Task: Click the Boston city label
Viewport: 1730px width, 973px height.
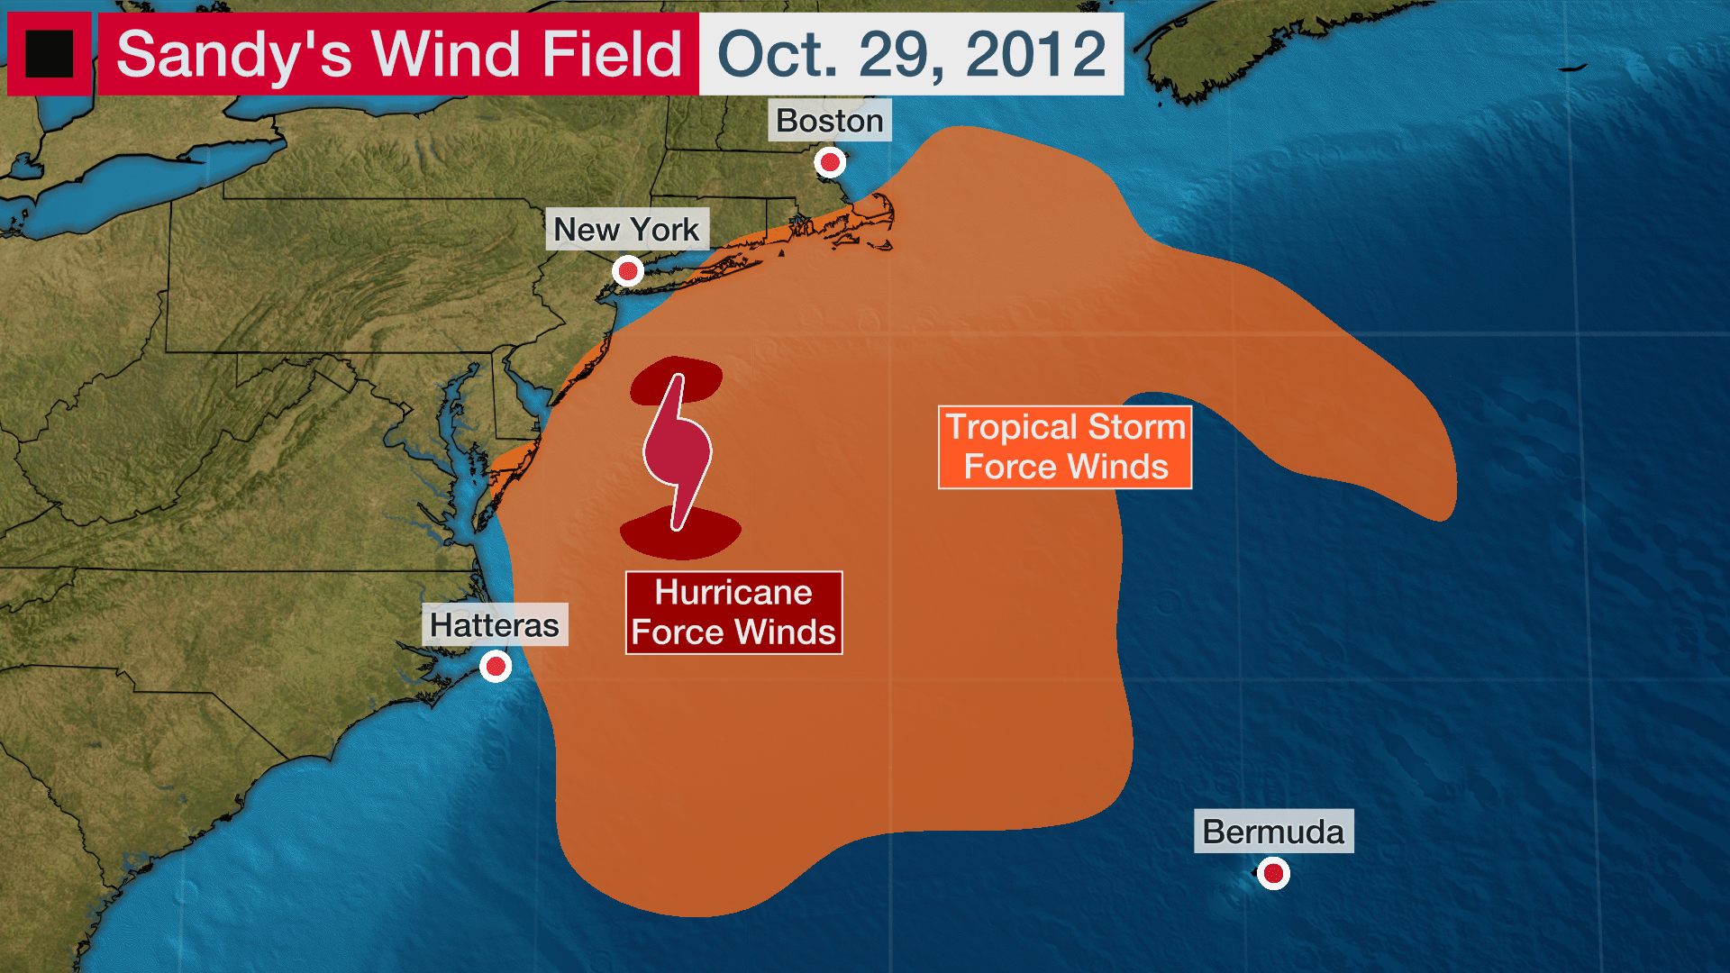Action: [x=829, y=121]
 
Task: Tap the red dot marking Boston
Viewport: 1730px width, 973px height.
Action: [x=830, y=163]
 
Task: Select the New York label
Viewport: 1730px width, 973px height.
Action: [x=626, y=230]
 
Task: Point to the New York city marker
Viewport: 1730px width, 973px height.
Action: [x=628, y=271]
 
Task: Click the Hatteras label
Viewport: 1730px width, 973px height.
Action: [x=494, y=625]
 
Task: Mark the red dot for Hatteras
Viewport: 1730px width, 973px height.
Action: [x=496, y=668]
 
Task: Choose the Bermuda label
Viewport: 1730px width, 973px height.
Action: [x=1273, y=832]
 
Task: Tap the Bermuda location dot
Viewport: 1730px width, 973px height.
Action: [x=1273, y=873]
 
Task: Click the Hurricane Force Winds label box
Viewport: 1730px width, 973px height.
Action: [x=733, y=613]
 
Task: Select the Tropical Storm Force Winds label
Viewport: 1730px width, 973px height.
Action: [x=1065, y=447]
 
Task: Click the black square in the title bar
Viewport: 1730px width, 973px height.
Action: [x=50, y=54]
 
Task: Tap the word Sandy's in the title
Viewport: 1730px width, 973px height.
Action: [x=234, y=54]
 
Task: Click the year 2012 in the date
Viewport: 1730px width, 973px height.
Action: [x=1036, y=54]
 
